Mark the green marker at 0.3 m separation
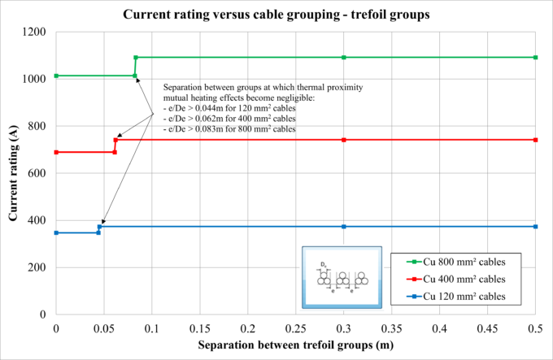tap(344, 57)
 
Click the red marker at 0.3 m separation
tap(344, 140)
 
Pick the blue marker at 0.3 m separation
tap(344, 226)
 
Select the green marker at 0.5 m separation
tap(535, 57)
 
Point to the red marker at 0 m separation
tap(55, 152)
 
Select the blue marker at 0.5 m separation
tap(535, 226)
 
